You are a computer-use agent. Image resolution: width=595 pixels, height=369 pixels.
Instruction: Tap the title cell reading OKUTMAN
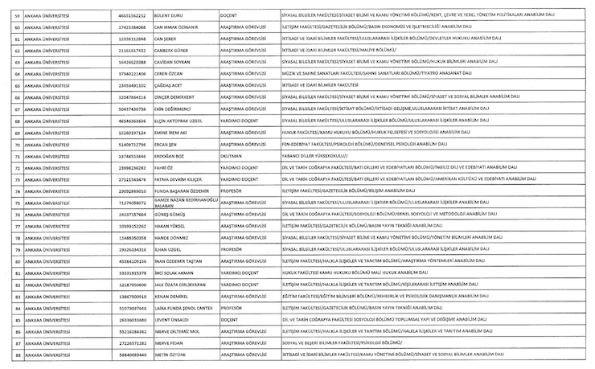coord(231,155)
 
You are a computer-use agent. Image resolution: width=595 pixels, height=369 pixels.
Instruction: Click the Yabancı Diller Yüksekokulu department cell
coord(314,155)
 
